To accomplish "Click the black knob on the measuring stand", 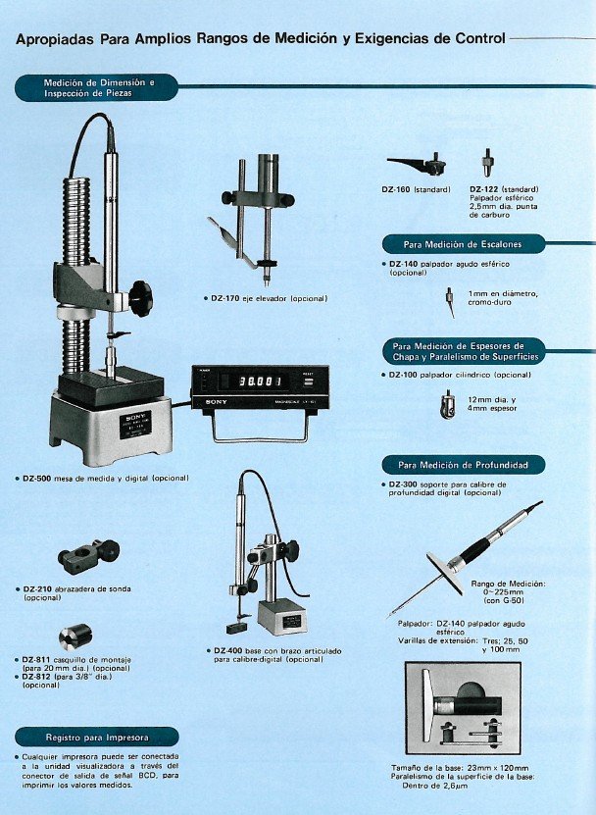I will click(x=140, y=291).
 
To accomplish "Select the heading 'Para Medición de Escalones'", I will click(x=462, y=243).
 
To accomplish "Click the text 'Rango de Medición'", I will click(x=508, y=584).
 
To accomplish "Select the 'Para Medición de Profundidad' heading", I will click(x=462, y=464).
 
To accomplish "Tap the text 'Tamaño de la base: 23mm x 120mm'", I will click(x=473, y=768).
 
